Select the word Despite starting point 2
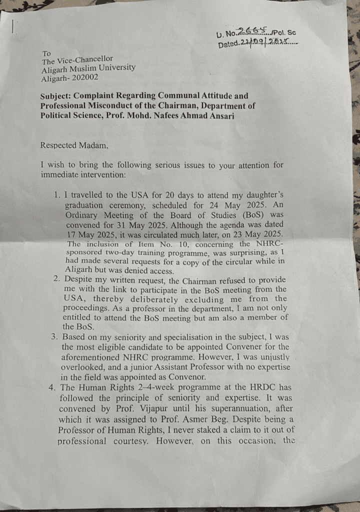[81, 279]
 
